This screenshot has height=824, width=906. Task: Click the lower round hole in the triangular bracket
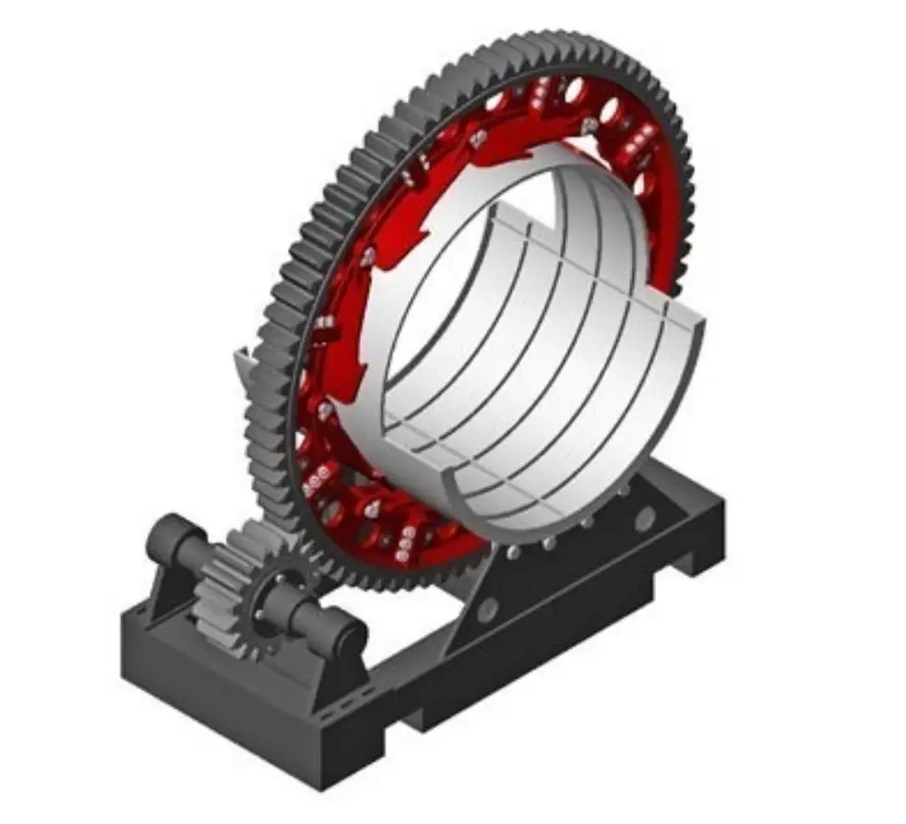pyautogui.click(x=488, y=610)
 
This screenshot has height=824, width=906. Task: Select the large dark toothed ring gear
pyautogui.click(x=304, y=231)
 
